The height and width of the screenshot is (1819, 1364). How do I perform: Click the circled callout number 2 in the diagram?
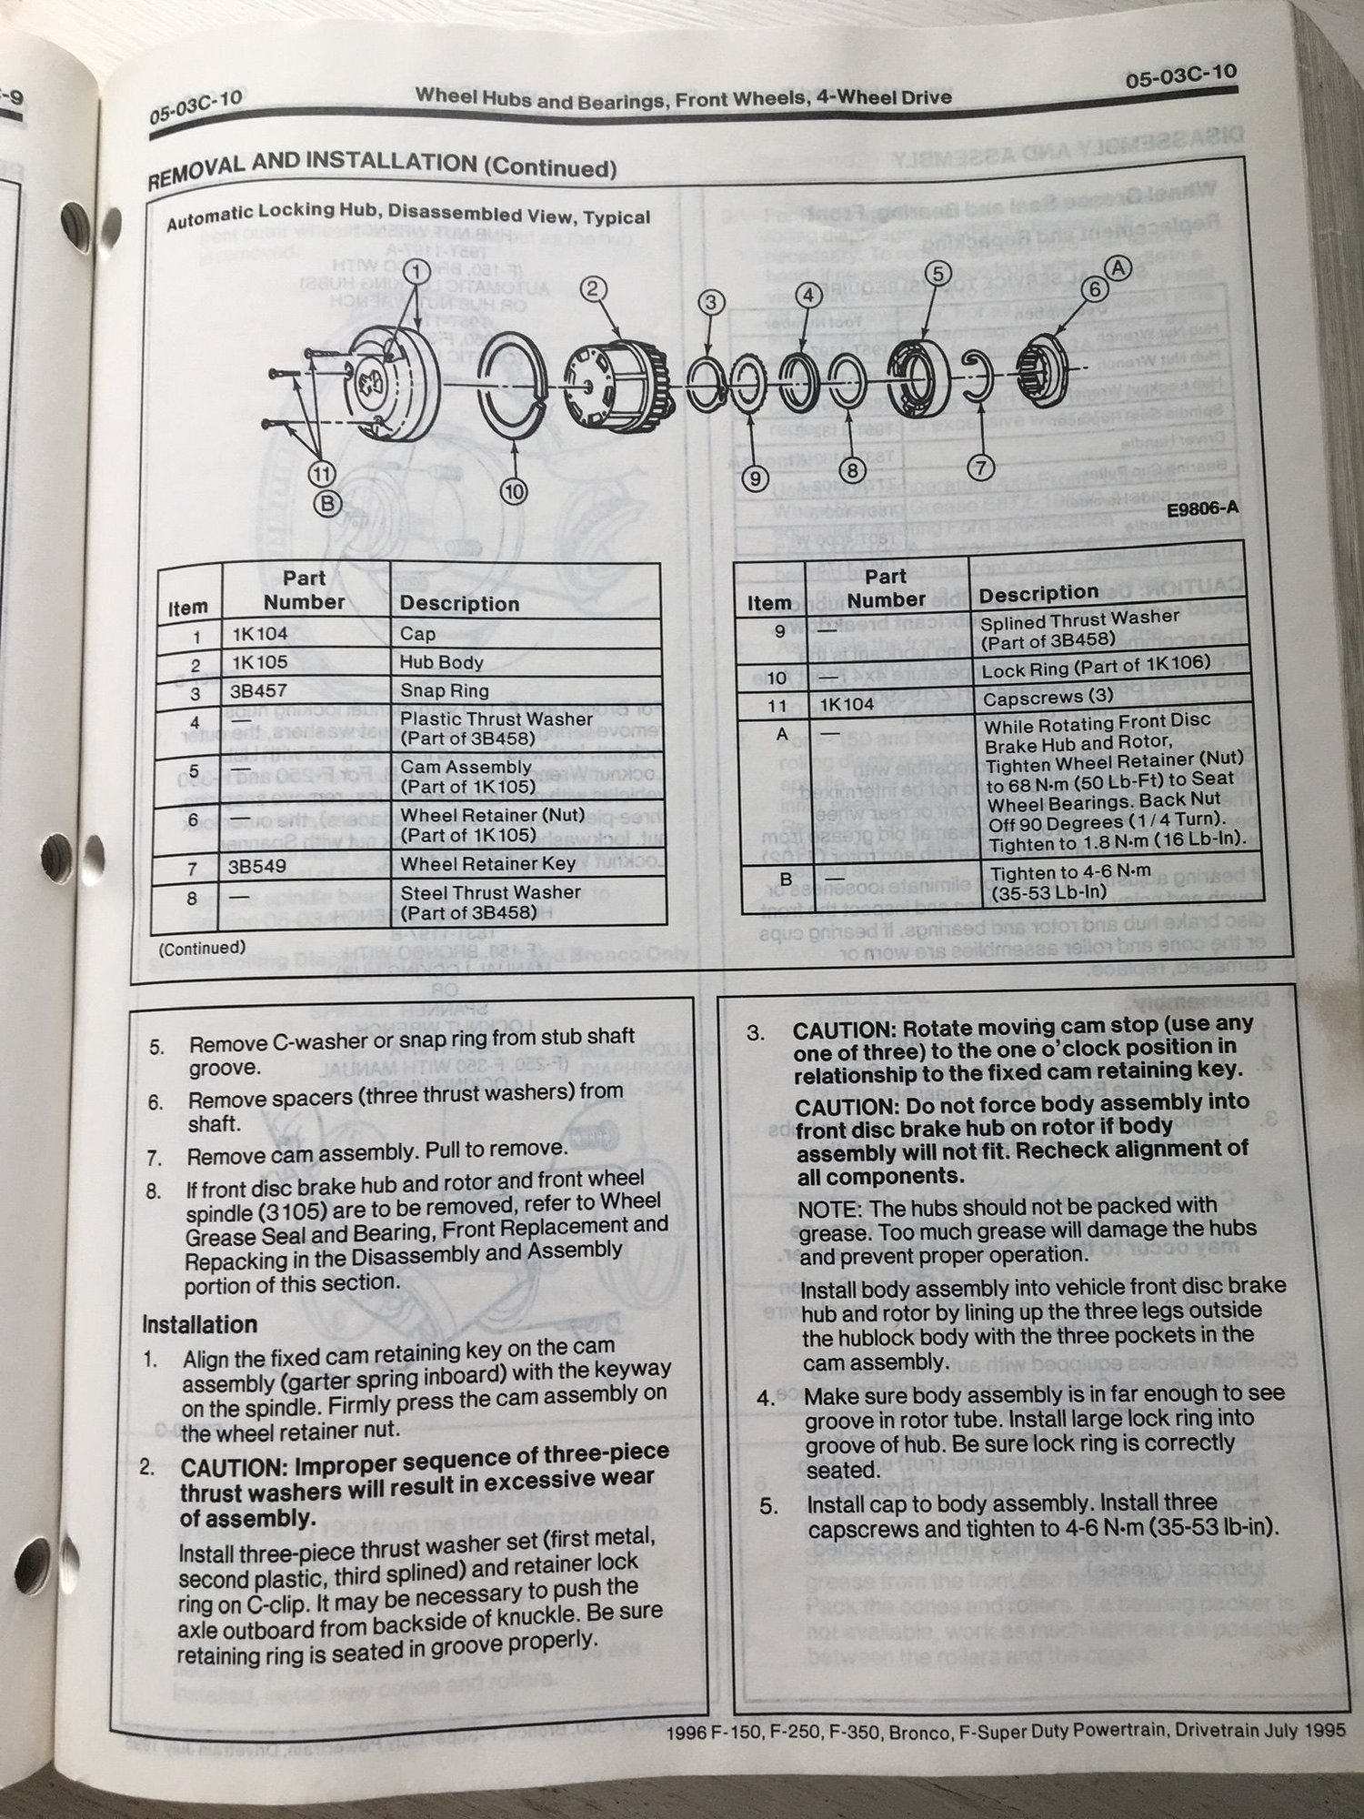592,289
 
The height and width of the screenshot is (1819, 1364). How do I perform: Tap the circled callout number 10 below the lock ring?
514,492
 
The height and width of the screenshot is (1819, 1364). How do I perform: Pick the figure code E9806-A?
1201,508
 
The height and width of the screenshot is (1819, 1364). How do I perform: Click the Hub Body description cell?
441,663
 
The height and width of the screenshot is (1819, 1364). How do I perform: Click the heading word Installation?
199,1324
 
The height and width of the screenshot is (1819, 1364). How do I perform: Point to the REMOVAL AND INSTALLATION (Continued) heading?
382,168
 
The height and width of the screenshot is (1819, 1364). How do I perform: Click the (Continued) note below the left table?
201,948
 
